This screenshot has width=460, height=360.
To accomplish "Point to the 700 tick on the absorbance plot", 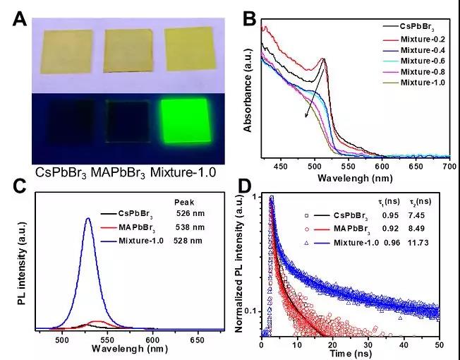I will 449,166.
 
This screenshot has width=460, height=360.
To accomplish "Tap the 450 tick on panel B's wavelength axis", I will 282,166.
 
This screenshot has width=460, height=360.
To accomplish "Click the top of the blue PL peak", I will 88,218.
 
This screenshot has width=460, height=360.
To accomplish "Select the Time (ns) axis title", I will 357,353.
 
